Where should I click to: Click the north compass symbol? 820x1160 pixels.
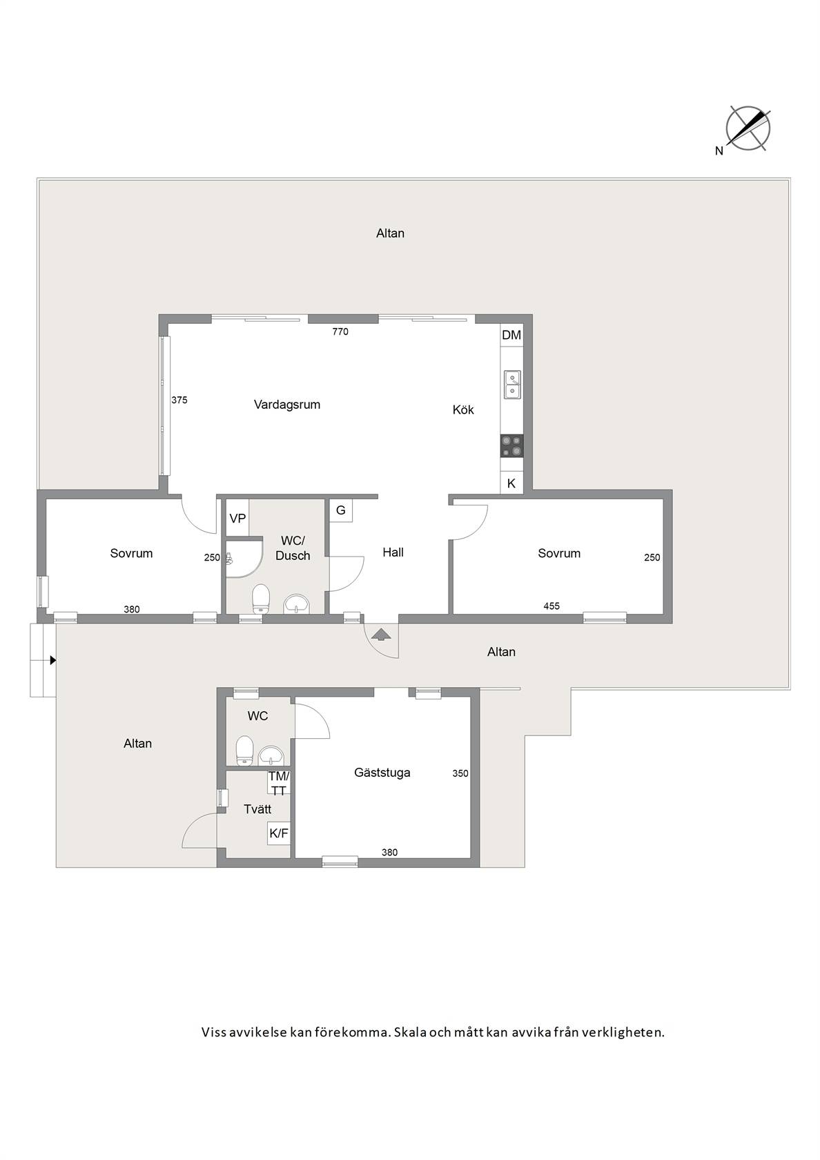click(x=748, y=129)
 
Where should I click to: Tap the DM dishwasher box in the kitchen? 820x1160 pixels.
click(x=511, y=335)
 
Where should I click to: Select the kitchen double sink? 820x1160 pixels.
click(x=512, y=385)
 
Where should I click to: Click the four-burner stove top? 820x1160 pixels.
click(x=512, y=446)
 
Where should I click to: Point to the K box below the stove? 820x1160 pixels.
click(x=511, y=483)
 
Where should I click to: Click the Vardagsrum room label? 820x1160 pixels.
click(x=287, y=405)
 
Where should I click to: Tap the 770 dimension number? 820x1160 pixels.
click(x=340, y=332)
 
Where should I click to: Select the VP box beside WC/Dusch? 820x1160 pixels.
click(x=237, y=518)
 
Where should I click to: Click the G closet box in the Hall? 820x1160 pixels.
click(x=341, y=511)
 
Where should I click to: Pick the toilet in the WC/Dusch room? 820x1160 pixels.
click(x=260, y=598)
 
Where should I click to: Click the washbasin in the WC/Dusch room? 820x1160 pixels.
click(x=296, y=603)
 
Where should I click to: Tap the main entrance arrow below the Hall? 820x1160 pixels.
click(x=382, y=634)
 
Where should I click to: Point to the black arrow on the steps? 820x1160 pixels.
click(x=52, y=660)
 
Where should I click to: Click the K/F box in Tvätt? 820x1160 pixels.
click(x=279, y=833)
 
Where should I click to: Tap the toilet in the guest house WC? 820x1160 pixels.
click(x=244, y=751)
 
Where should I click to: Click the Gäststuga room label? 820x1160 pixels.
click(x=382, y=772)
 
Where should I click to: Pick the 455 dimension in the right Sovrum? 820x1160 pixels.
click(x=551, y=606)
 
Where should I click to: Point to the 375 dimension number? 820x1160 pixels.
click(x=179, y=400)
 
